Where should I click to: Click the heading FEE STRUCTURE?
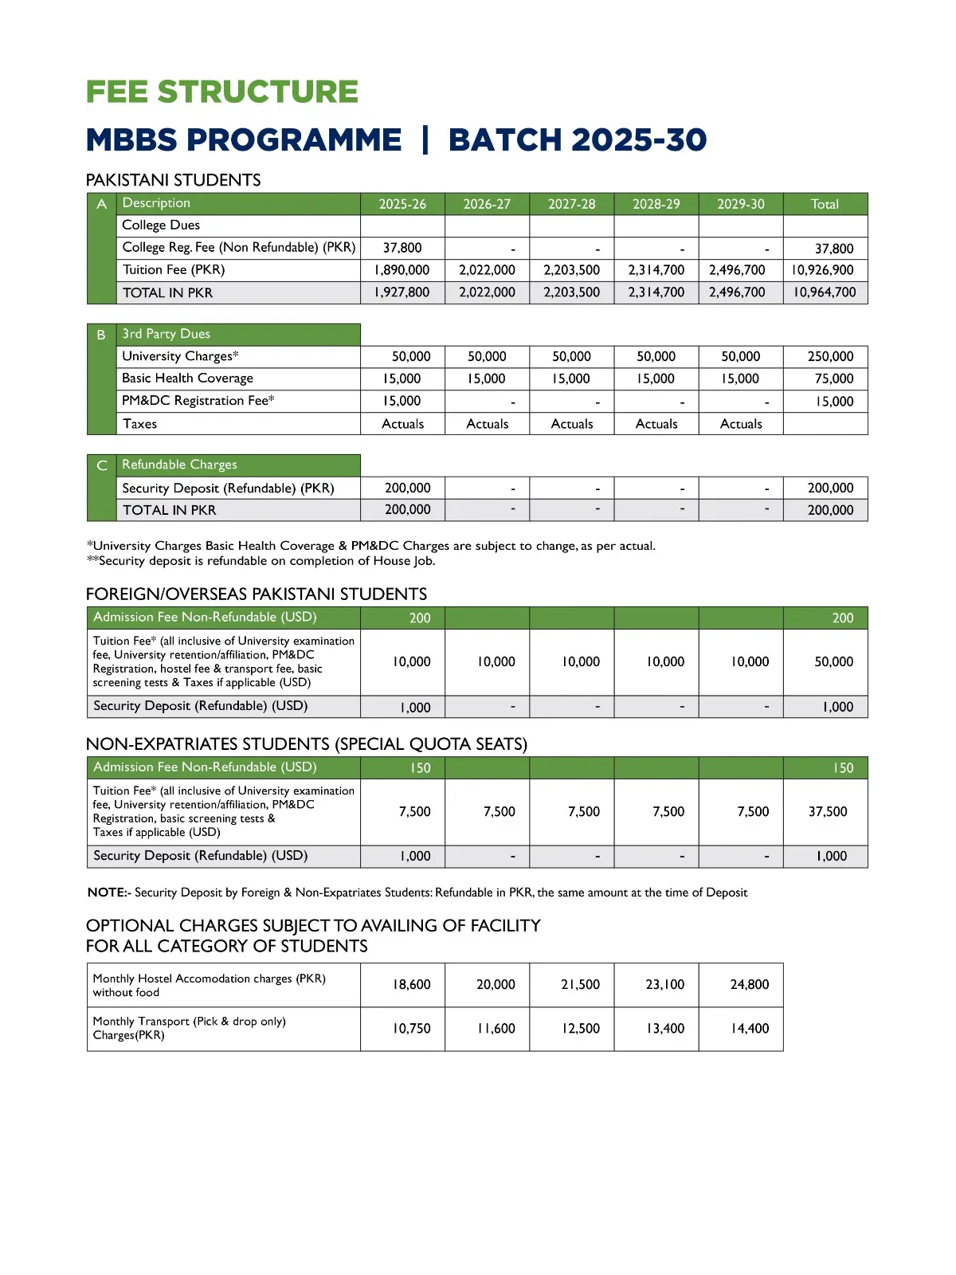point(221,92)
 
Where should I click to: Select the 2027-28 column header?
point(571,204)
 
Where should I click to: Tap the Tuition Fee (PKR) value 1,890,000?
point(402,270)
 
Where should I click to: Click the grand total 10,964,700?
point(824,292)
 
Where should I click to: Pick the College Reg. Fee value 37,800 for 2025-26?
point(402,248)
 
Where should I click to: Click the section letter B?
point(101,335)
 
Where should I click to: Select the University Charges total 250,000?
point(830,356)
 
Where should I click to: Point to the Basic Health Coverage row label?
point(187,379)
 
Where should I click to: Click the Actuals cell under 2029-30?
point(741,424)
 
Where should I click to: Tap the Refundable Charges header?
point(179,465)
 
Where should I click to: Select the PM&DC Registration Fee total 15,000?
point(834,402)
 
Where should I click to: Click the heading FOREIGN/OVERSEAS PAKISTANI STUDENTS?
point(256,594)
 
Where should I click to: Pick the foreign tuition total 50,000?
point(833,661)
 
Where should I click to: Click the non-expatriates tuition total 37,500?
point(828,811)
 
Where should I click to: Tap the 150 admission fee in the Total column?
point(843,768)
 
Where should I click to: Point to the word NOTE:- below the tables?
point(108,892)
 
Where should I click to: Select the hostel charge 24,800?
point(749,984)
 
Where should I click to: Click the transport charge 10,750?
point(411,1028)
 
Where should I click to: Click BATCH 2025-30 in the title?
point(577,139)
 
